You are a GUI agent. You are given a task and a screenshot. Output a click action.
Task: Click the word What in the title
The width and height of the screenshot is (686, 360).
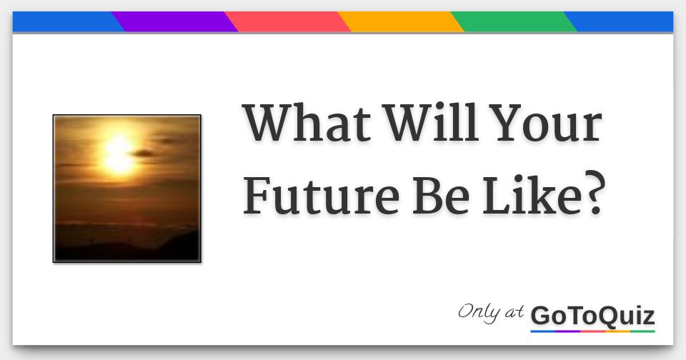point(307,124)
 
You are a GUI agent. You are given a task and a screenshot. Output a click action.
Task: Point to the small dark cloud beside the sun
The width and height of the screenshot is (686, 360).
point(143,153)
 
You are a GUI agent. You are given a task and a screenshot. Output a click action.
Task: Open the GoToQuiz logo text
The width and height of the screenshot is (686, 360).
point(592,315)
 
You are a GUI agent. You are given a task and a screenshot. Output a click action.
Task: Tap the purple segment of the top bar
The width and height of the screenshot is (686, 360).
point(175,22)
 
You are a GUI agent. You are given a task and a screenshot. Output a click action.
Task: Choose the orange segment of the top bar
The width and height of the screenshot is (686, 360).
point(401,22)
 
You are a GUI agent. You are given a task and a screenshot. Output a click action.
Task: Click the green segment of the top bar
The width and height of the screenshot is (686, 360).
point(514,22)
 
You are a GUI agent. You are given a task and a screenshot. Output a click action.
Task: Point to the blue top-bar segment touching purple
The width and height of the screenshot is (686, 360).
point(64,22)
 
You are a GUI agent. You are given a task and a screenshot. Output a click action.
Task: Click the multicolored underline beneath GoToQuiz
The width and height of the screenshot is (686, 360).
point(592,331)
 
